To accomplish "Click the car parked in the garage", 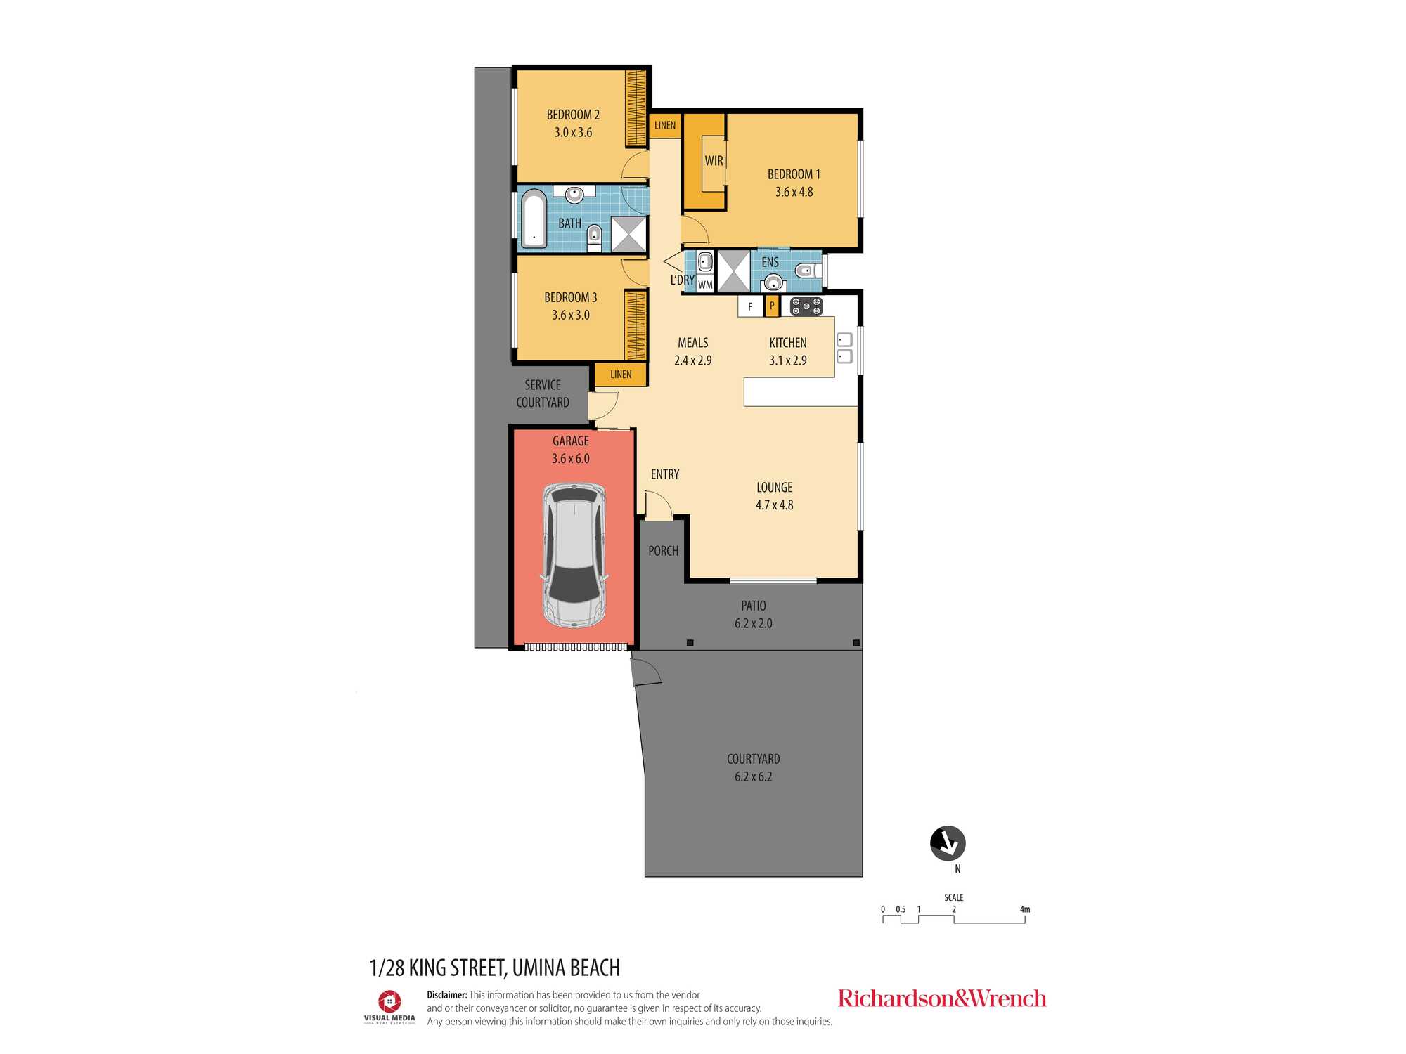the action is click(x=575, y=555).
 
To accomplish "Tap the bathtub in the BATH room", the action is click(x=534, y=219).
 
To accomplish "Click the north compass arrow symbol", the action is click(x=948, y=843).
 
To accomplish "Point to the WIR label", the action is click(x=714, y=161).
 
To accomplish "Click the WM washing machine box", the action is click(x=705, y=285).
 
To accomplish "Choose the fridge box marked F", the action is click(x=750, y=306).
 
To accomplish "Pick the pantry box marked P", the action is click(x=772, y=306).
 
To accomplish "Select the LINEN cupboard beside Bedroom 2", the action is click(x=665, y=125).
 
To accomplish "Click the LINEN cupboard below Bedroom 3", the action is click(x=621, y=375).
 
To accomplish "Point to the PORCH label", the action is click(x=664, y=551).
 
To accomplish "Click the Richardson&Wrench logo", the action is click(x=942, y=998).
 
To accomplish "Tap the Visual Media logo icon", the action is click(x=389, y=1001).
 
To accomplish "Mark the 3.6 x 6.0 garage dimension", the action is click(x=571, y=459).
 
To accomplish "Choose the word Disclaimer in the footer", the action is click(x=447, y=995).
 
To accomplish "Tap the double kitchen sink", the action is click(x=845, y=348).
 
